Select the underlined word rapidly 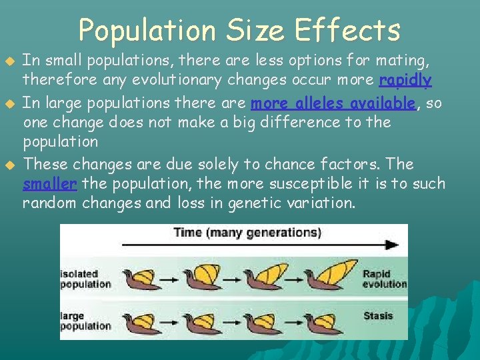[405, 81]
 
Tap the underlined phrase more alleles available [333, 103]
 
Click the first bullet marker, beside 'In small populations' [9, 61]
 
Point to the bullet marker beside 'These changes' [9, 164]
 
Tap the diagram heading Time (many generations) [247, 233]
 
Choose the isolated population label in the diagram [85, 279]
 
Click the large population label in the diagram [85, 321]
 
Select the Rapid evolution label [384, 279]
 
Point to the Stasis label [378, 315]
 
